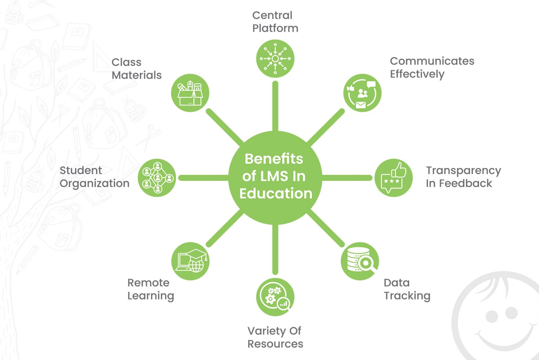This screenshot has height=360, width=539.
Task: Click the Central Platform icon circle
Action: click(x=275, y=58)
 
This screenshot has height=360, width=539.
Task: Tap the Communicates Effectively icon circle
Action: click(x=362, y=93)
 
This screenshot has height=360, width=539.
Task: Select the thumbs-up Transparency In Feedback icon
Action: click(x=393, y=177)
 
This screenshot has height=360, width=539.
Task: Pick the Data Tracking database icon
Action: click(x=360, y=261)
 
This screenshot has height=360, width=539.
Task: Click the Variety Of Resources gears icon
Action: click(x=275, y=297)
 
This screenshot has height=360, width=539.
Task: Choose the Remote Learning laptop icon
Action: click(x=190, y=261)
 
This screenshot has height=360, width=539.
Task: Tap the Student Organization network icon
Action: click(x=157, y=177)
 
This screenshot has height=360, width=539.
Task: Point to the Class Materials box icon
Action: click(x=190, y=93)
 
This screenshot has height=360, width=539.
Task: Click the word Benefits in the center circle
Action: click(x=274, y=159)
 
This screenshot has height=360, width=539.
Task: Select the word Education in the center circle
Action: click(x=276, y=193)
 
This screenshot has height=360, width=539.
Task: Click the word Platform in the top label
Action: click(x=275, y=28)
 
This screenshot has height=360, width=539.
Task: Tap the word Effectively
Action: click(x=417, y=74)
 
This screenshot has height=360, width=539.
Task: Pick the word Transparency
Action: click(x=463, y=171)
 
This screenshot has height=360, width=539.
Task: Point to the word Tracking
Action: click(x=407, y=296)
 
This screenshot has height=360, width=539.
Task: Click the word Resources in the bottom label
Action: click(x=275, y=344)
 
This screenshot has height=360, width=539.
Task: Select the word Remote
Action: click(x=148, y=283)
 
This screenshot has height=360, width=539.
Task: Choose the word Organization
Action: click(x=95, y=184)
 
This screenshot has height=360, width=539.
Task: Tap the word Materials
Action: click(x=136, y=75)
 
